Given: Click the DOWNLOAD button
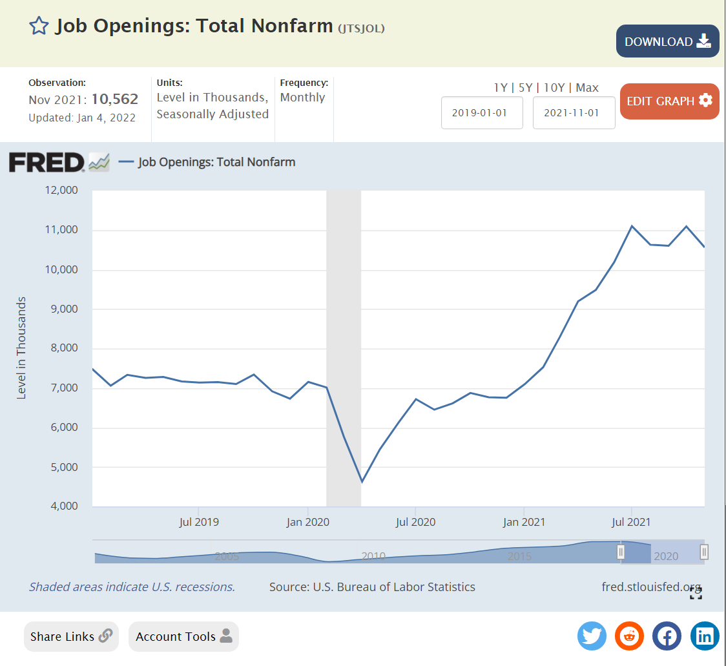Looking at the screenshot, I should click(x=667, y=41).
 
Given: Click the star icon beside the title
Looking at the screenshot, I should click(x=39, y=26).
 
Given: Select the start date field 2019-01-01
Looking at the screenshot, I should click(x=482, y=112).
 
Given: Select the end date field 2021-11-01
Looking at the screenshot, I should click(x=574, y=112).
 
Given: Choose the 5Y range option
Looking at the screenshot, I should click(x=526, y=88).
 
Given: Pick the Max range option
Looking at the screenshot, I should click(x=587, y=88).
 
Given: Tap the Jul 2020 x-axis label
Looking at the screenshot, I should click(x=415, y=522).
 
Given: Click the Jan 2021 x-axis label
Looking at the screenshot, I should click(x=523, y=522).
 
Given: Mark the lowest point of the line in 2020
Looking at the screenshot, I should click(x=362, y=482).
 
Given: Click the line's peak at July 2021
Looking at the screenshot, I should click(x=631, y=226).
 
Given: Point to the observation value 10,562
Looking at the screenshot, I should click(x=115, y=99).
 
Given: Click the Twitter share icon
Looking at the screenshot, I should click(x=592, y=636).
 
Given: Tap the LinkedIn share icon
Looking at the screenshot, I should click(x=705, y=636).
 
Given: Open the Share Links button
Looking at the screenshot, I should click(x=71, y=636).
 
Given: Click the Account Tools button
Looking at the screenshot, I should click(x=183, y=636).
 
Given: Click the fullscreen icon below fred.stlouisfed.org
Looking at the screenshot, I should click(x=696, y=594).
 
